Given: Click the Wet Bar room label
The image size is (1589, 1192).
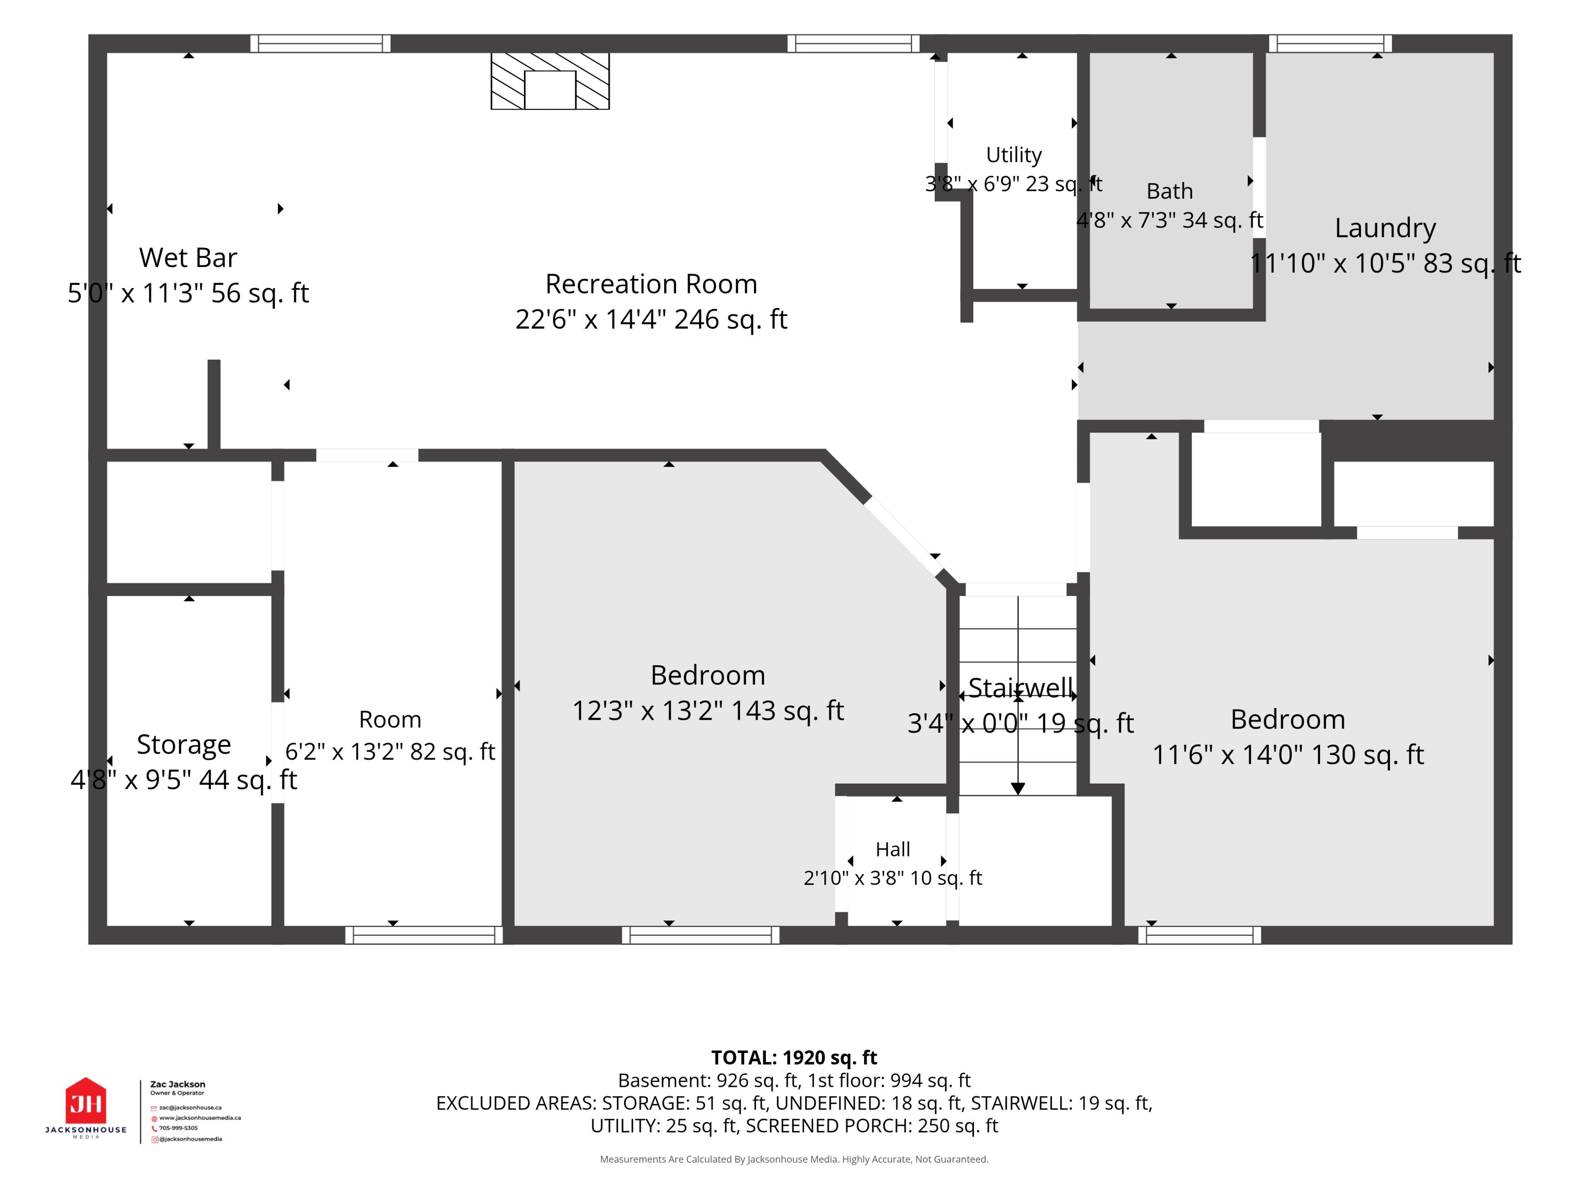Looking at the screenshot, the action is coord(188,257).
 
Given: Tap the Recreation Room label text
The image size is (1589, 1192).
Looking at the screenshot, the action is coord(651,284).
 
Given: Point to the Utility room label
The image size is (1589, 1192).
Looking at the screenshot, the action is coord(1013,155).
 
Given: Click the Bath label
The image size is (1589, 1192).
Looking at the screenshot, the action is coord(1169,191).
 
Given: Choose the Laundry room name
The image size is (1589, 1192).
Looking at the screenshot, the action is coord(1385,228).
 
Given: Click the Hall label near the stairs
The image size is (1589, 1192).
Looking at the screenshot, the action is coord(893,849).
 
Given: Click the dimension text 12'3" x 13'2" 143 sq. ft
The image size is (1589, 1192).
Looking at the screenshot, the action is coord(708,711).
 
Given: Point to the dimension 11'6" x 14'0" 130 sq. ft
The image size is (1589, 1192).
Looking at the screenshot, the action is coord(1288,755).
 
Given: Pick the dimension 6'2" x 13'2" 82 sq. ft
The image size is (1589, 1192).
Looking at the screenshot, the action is coord(390,752).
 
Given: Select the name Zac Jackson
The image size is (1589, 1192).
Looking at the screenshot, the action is coord(178,1084).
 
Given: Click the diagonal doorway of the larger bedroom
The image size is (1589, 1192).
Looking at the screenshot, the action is coord(904,536).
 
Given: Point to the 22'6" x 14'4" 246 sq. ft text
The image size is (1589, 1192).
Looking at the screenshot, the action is coord(651,319).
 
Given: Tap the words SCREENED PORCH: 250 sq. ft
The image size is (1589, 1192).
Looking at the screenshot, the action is coord(872,1126).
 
